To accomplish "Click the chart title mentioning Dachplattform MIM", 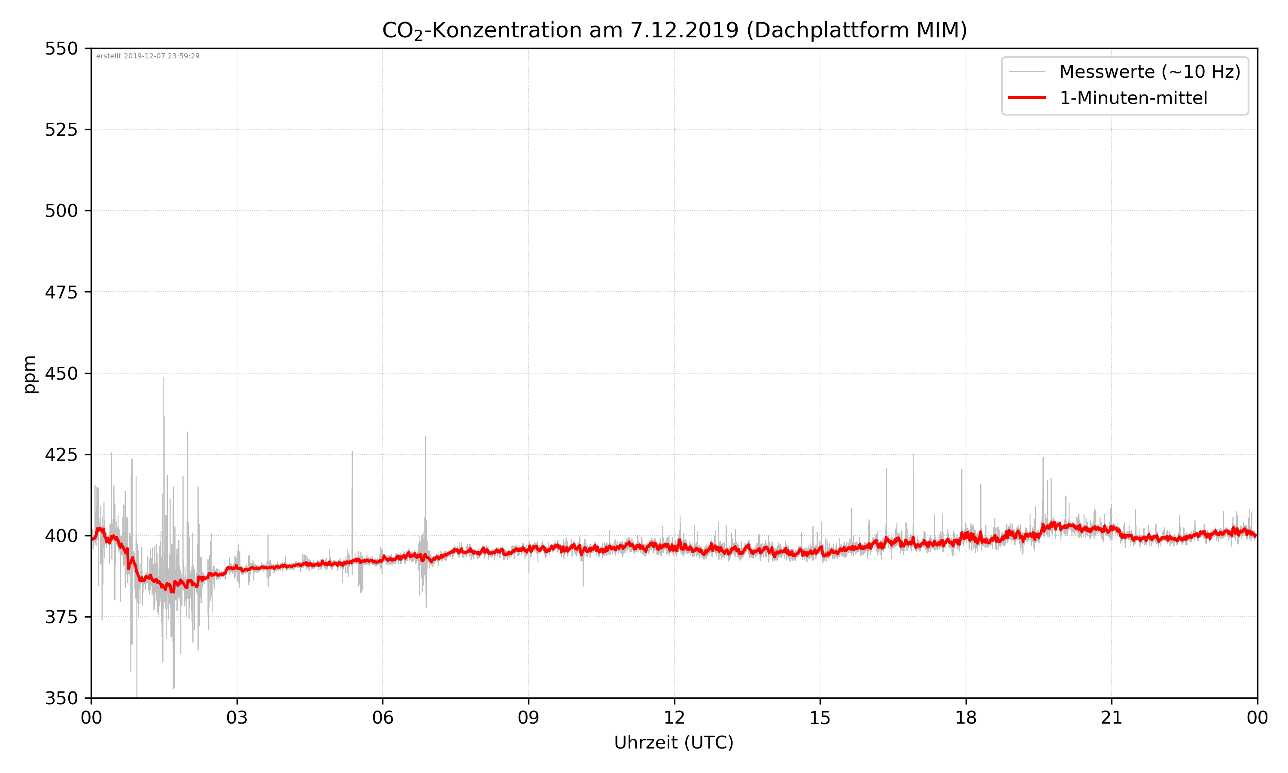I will pos(674,30).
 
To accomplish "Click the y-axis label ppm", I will pos(30,374).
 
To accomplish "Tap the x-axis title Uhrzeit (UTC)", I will pos(674,742).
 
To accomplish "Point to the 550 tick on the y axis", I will pos(61,49).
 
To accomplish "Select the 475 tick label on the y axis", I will pos(61,292).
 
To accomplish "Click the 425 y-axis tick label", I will pos(61,455).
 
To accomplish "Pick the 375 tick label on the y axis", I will pos(61,617).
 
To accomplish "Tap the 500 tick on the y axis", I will pos(61,211).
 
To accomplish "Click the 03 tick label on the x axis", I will pos(237,718).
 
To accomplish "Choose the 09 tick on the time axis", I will pos(529,718).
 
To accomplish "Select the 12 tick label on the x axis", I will pos(674,718).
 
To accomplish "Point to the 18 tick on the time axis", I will pos(966,718).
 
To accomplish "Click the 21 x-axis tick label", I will pos(1112,718).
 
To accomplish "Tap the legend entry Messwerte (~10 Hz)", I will pos(1149,72).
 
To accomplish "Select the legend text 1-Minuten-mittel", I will pos(1133,98).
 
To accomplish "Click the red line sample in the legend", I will pos(1027,97).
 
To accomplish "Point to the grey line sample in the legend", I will pos(1027,71).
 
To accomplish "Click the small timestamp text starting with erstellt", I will pos(148,56).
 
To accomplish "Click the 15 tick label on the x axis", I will pos(820,718).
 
